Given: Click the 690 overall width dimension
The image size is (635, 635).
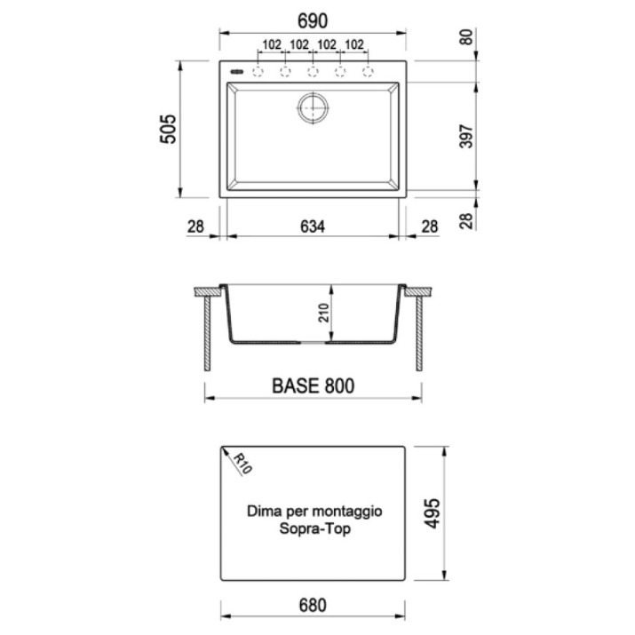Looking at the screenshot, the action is tap(313, 21).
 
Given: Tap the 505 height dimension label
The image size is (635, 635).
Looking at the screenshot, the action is tap(169, 129).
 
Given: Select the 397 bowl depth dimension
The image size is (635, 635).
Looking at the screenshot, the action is tap(466, 137).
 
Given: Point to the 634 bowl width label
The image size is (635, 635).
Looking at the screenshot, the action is tap(313, 226).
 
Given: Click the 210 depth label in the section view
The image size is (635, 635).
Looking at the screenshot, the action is tap(324, 313).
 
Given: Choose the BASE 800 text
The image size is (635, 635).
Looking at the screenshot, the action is tap(313, 386).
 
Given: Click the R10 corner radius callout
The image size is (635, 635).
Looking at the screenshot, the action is tap(242, 464).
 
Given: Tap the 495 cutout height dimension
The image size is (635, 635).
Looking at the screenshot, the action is tap(432, 513).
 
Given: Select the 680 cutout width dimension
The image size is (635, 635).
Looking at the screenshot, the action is tap(313, 606).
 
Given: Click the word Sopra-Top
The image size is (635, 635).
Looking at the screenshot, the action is tap(314, 529).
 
